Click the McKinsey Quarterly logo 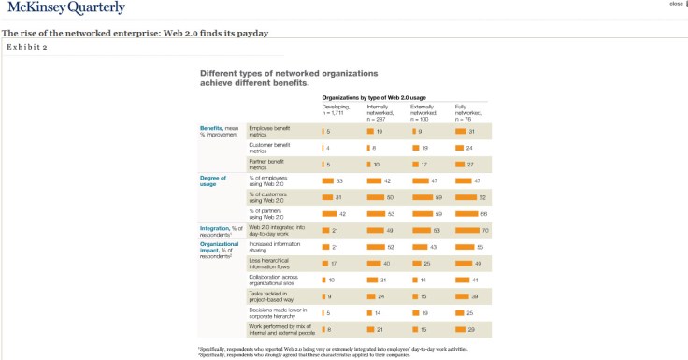click(64, 9)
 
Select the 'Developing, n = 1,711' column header click(336, 110)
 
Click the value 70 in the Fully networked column click(484, 229)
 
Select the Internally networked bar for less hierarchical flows click(374, 263)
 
